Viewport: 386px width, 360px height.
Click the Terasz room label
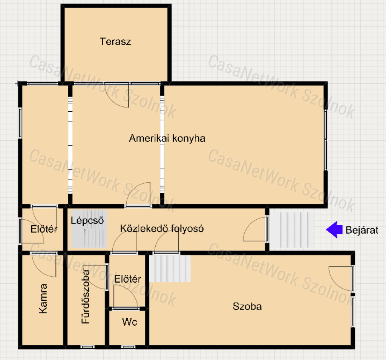(x=115, y=42)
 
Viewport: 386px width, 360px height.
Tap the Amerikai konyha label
(x=167, y=138)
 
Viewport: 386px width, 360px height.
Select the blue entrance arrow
(x=334, y=230)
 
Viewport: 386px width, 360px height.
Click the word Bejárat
(x=362, y=230)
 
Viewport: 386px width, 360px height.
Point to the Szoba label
(x=247, y=306)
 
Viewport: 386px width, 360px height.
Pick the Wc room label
(x=130, y=322)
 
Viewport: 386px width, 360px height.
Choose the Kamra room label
(x=43, y=298)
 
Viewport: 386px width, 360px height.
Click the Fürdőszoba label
(x=86, y=297)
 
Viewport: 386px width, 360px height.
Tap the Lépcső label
(x=87, y=220)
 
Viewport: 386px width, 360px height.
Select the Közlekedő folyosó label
(x=162, y=228)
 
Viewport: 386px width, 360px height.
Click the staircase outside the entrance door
(x=292, y=230)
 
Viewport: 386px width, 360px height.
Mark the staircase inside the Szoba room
(x=170, y=268)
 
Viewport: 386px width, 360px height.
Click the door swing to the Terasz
(x=117, y=95)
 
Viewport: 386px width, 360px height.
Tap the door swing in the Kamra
(x=44, y=265)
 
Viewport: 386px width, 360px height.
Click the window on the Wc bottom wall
(x=128, y=347)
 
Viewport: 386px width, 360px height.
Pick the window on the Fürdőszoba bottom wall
(x=87, y=347)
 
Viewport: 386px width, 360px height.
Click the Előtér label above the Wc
(x=128, y=279)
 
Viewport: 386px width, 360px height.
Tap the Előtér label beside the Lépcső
(x=44, y=229)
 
